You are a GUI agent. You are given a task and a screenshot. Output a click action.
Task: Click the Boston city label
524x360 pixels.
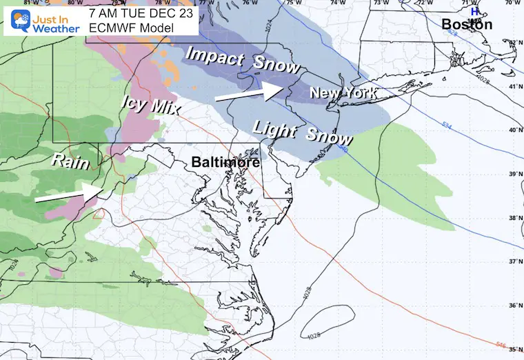tap(467, 25)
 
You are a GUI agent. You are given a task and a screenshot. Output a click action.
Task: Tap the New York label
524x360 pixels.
tap(343, 92)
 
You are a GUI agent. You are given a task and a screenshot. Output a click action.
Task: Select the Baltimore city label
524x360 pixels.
tap(225, 163)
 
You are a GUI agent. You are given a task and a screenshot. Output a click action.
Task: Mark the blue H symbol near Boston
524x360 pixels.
tap(474, 11)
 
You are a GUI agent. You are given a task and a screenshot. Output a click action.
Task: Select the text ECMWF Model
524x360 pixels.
tap(123, 26)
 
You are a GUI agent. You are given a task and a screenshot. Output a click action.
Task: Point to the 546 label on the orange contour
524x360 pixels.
tap(501, 342)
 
